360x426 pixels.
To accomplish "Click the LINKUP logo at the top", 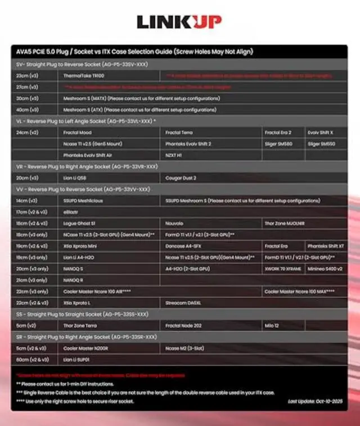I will tap(179, 22).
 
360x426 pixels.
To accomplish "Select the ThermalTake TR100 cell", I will tap(84, 75).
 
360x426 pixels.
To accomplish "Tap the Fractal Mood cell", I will tap(78, 133).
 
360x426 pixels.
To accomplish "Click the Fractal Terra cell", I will tap(179, 133).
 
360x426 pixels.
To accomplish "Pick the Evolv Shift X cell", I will tap(320, 133).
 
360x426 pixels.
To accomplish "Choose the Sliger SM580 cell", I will tap(278, 144).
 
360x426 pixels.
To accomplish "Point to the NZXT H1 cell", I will tap(174, 155).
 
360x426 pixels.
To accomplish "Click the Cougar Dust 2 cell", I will tap(181, 178).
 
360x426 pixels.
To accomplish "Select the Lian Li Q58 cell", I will tap(75, 178).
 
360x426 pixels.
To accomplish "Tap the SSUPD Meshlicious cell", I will tap(83, 201).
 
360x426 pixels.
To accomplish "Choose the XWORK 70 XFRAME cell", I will tap(282, 269).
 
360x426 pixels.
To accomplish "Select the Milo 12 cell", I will tap(272, 325).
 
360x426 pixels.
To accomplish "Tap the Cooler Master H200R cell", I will tap(86, 348).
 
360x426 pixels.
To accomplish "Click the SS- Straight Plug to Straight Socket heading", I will tap(82, 314).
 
